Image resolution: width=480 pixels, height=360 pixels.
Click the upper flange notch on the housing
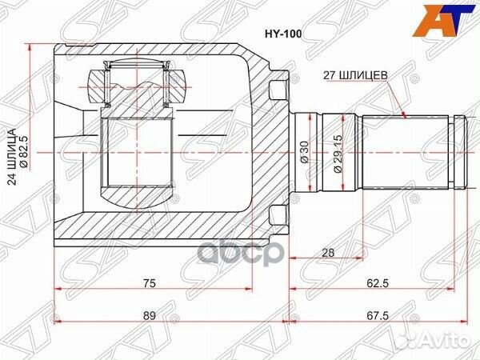(278, 84)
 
